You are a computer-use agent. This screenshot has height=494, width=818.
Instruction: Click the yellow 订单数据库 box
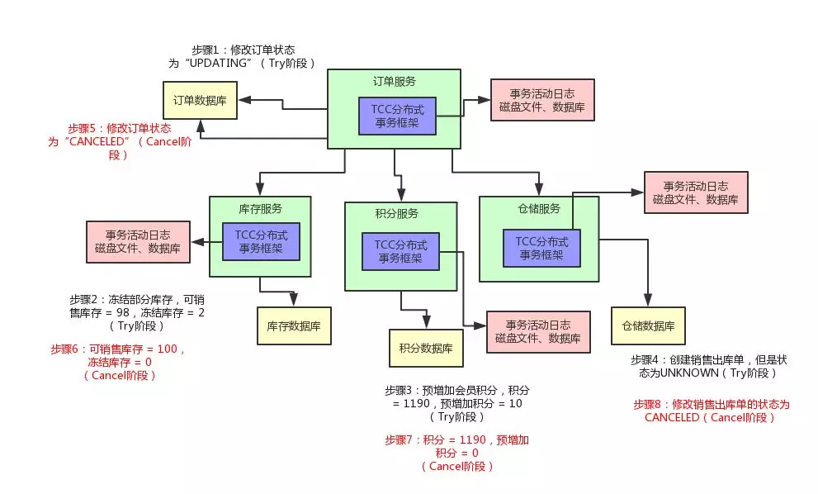[x=200, y=100]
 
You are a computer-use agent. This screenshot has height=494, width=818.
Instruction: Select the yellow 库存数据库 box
[x=294, y=326]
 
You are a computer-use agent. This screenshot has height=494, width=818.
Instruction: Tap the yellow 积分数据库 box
[x=426, y=348]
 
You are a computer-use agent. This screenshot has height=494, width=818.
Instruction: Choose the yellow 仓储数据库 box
[x=648, y=325]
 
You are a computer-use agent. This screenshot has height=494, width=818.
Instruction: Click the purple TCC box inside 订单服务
[x=397, y=116]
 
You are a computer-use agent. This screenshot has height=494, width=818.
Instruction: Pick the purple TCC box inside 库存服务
[x=261, y=241]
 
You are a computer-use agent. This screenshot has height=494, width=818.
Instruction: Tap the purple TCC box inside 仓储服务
[x=541, y=248]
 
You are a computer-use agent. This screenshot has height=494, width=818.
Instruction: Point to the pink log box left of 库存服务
[x=138, y=241]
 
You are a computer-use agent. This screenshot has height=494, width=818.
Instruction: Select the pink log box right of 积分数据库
[x=538, y=331]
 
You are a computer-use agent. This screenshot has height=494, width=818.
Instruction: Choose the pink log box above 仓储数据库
[x=695, y=192]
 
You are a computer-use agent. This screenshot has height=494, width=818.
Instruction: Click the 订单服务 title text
[x=394, y=82]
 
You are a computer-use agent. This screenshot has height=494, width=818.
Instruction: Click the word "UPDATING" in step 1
[x=216, y=63]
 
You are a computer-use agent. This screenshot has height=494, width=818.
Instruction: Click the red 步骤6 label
[x=67, y=349]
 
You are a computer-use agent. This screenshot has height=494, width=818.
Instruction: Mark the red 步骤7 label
[x=400, y=440]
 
